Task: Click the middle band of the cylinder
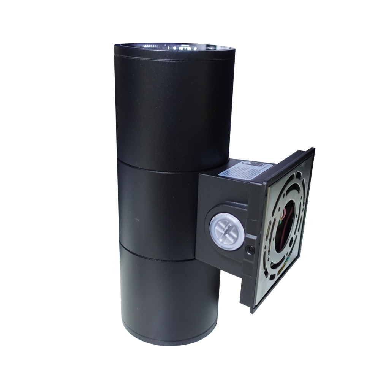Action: (x=156, y=209)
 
